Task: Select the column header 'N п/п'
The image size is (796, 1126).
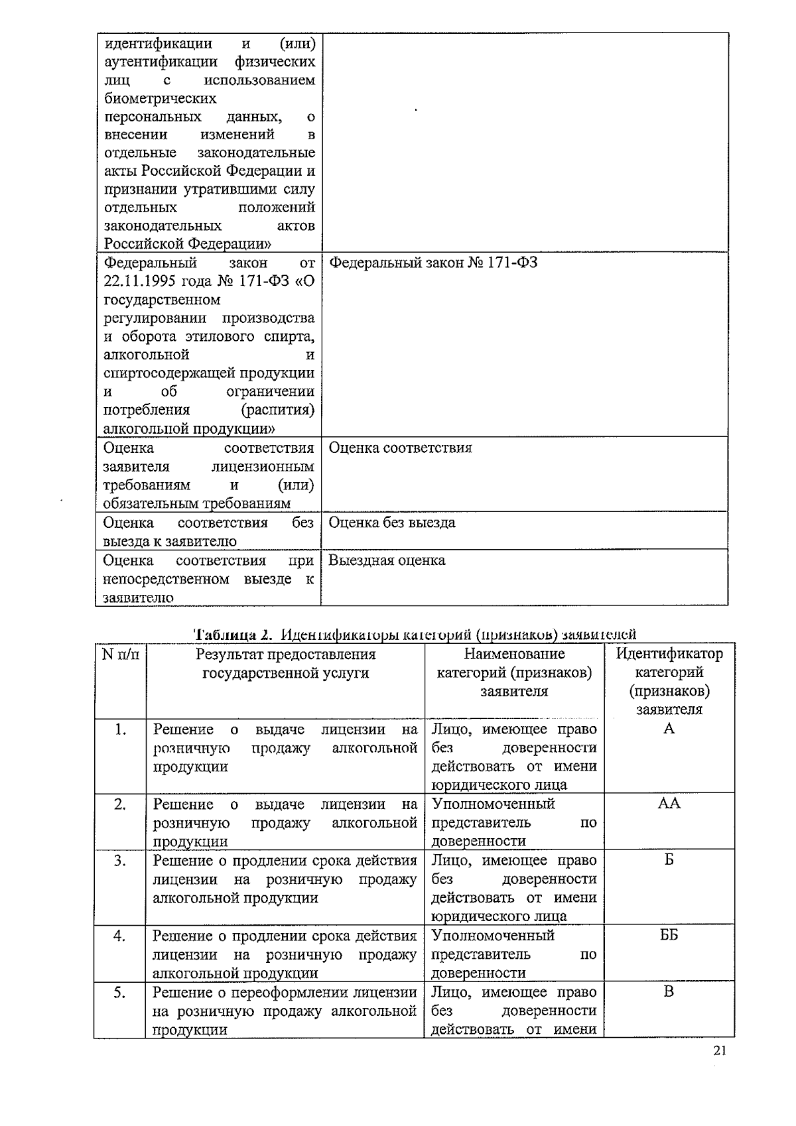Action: tap(121, 655)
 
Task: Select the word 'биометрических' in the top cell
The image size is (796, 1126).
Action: tap(161, 99)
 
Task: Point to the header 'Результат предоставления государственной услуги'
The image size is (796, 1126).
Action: tap(285, 664)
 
